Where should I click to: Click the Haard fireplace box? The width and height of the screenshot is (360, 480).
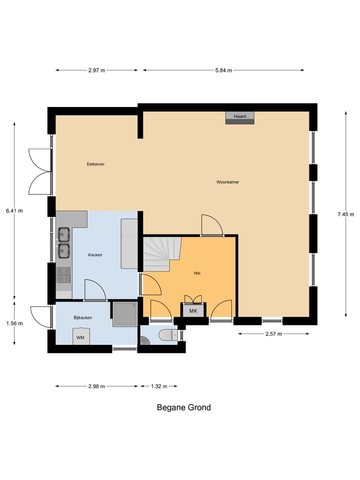[240, 117]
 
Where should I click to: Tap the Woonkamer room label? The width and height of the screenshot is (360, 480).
[227, 182]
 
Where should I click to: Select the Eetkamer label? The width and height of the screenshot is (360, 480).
[95, 164]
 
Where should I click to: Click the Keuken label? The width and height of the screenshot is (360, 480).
[95, 254]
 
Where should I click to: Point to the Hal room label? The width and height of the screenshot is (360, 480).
[197, 273]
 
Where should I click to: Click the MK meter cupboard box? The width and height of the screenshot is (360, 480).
[193, 311]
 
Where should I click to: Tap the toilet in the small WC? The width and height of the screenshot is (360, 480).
[165, 334]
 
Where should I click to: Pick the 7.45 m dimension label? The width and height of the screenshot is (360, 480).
[345, 214]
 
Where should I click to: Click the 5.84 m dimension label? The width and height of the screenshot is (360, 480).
[223, 70]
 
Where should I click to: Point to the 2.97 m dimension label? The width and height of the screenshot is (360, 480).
[96, 70]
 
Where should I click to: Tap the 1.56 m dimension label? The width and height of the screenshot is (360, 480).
[14, 323]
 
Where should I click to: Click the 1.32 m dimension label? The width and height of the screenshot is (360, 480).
[158, 386]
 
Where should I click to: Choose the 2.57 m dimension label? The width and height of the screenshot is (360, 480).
[273, 333]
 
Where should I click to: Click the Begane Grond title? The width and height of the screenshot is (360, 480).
[183, 407]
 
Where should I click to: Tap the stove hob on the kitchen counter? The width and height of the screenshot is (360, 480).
[64, 274]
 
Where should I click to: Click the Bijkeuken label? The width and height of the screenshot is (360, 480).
[83, 317]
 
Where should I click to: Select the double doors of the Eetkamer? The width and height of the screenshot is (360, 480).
[40, 171]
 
